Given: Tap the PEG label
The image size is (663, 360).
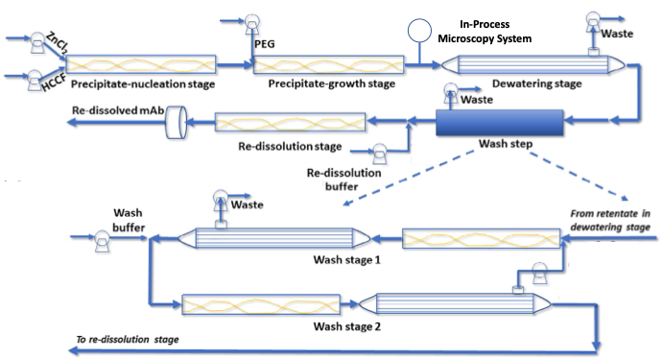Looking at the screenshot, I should (260, 42).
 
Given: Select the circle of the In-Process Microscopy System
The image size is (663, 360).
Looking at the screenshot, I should (417, 32).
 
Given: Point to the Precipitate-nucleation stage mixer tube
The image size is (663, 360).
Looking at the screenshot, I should (140, 63).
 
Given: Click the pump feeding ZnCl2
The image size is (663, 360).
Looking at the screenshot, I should (37, 41).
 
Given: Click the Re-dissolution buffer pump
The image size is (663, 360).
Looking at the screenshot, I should (379, 154).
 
